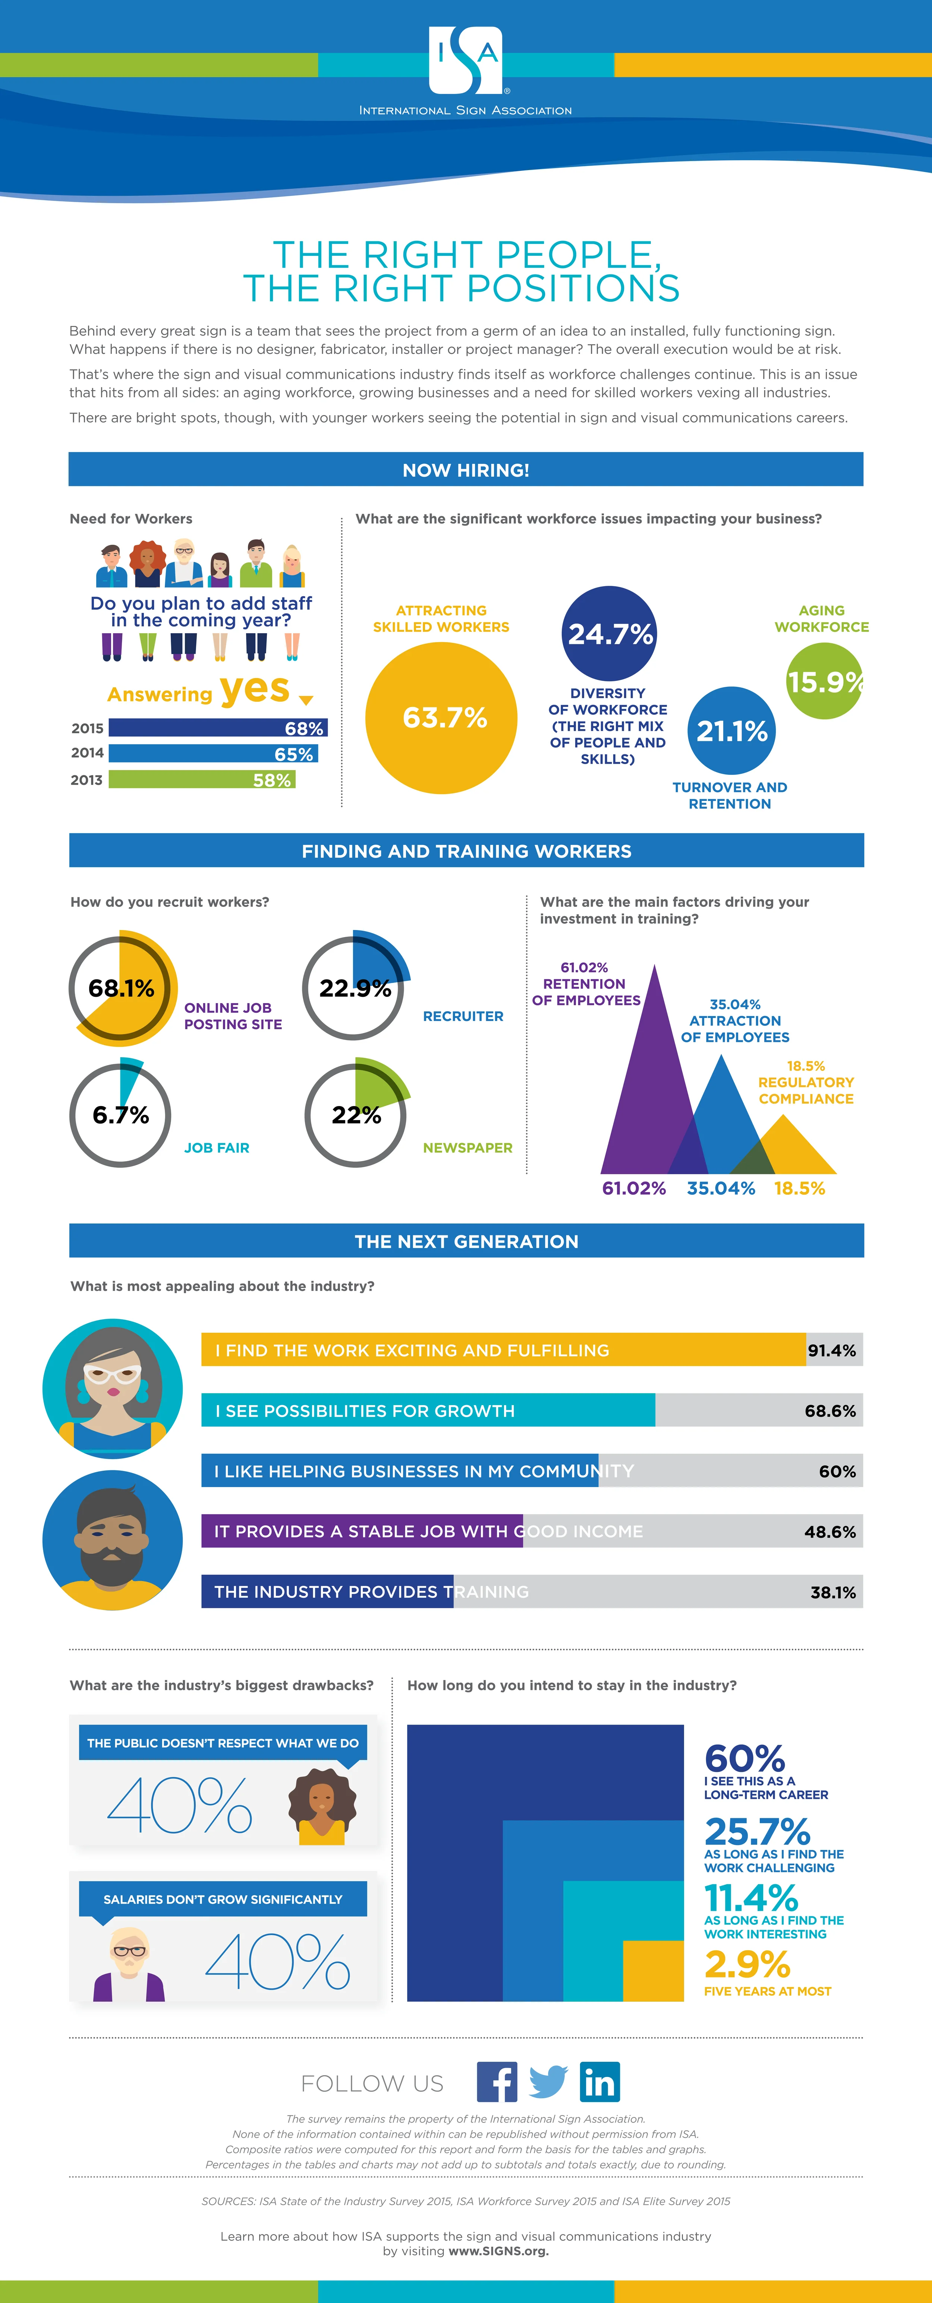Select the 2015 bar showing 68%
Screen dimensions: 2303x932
pos(217,728)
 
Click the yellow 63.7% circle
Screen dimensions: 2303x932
pos(441,718)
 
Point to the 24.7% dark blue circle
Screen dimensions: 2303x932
pos(610,633)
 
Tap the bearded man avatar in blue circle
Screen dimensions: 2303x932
pos(113,1540)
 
